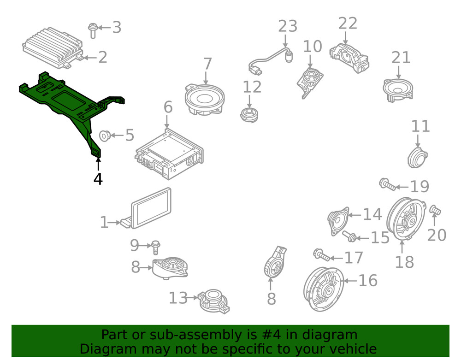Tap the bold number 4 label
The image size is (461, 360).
pos(98,179)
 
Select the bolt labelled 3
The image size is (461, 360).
pos(93,30)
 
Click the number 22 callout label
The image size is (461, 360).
pos(348,23)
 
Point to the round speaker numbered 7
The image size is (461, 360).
pos(205,99)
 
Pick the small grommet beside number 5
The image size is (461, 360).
pos(105,136)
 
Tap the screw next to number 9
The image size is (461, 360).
pos(155,247)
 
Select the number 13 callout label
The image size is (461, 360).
pos(178,298)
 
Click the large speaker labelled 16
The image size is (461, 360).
pos(324,289)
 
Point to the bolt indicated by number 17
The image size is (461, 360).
pos(322,255)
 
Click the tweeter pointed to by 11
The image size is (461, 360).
pos(418,158)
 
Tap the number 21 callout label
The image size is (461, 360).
pos(401,58)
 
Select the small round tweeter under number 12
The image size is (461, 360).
pos(249,115)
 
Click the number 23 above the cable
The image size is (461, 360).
pos(288,26)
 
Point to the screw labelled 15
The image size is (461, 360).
pos(349,236)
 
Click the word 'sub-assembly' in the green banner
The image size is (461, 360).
pos(189,335)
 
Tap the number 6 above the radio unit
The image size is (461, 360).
pos(168,107)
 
